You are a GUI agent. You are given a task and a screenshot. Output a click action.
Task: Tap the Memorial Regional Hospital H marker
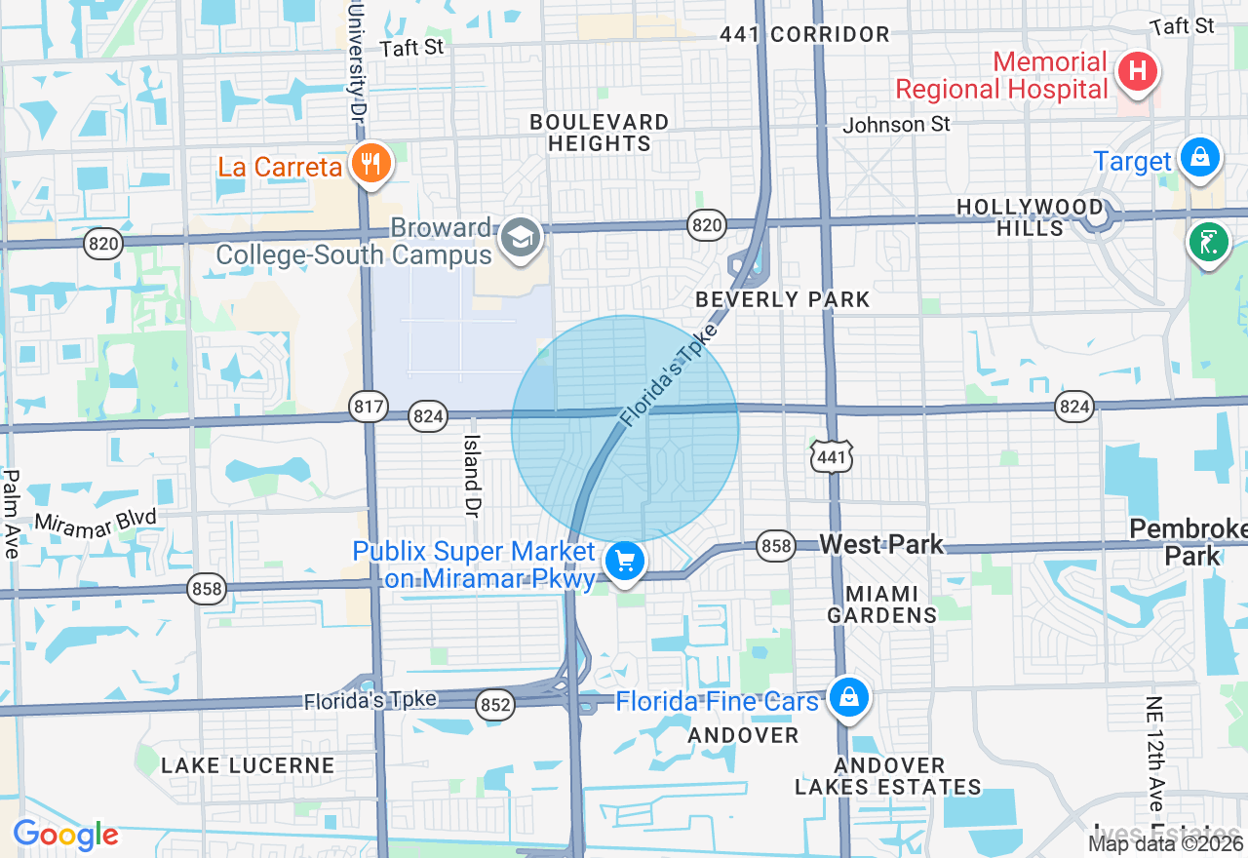(1137, 70)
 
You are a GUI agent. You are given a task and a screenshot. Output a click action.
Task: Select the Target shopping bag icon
(1199, 156)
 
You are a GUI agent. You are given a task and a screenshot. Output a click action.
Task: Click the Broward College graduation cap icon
(521, 236)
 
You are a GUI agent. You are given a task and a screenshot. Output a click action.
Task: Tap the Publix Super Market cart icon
(625, 561)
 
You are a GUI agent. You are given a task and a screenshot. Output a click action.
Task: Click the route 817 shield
(370, 407)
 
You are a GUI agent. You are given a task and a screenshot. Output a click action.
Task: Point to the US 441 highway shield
(832, 455)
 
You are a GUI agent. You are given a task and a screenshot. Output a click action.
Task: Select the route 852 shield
(496, 706)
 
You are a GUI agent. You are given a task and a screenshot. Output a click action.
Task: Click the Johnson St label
(896, 125)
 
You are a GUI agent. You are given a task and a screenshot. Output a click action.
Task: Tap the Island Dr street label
(473, 475)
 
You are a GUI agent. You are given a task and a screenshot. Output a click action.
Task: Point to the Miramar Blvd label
(95, 521)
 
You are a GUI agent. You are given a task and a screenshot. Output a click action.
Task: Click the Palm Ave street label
(12, 514)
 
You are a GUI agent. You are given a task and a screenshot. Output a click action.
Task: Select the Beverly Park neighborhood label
(783, 299)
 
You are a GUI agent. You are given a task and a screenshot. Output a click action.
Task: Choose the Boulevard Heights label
(599, 133)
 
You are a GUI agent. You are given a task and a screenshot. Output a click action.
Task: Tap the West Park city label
(881, 544)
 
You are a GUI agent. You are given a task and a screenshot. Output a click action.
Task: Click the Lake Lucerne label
(248, 765)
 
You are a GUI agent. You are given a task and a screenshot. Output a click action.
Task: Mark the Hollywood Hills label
(1030, 217)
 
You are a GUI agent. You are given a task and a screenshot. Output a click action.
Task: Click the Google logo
(65, 835)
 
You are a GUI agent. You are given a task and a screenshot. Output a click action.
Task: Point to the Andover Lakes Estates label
(887, 776)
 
